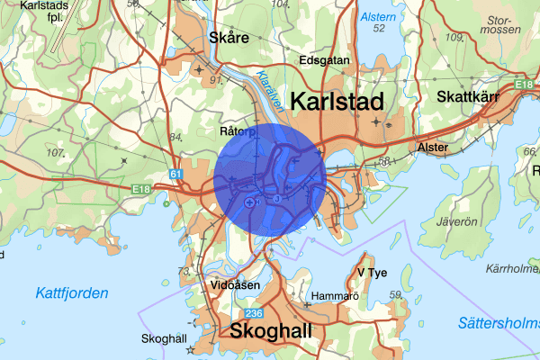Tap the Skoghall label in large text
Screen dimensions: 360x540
[272, 331]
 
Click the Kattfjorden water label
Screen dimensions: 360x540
[72, 293]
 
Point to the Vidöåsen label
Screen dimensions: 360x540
[235, 285]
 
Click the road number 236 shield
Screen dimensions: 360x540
[253, 312]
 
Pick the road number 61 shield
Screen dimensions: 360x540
[175, 173]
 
